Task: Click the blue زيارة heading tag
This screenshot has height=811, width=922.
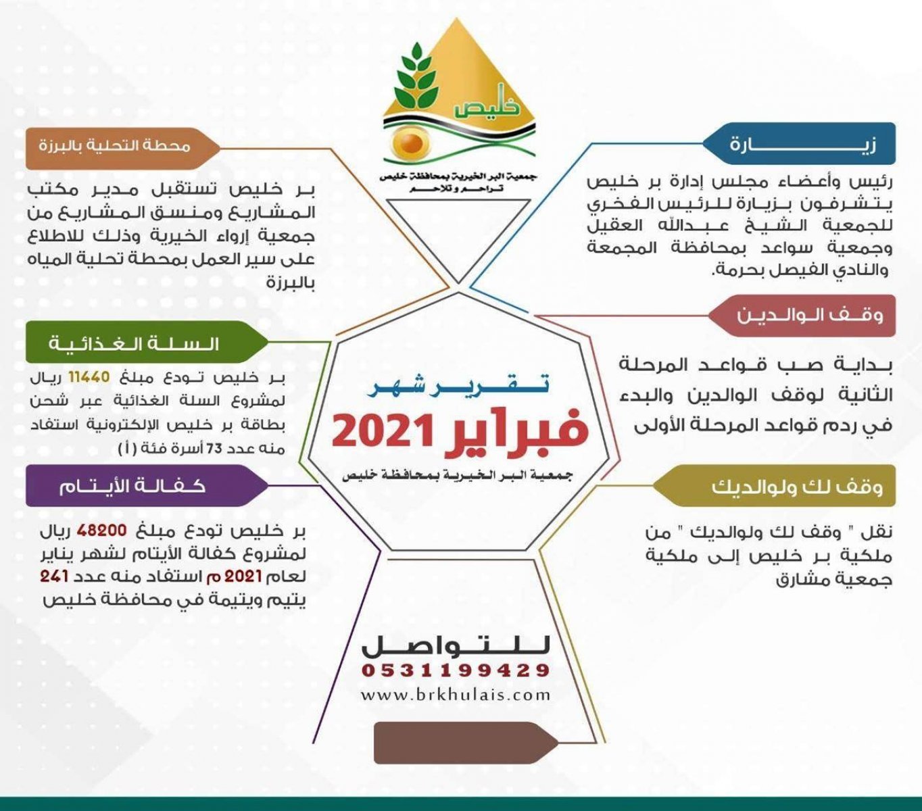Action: (799, 143)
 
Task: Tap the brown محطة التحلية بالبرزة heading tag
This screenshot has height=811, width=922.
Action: (123, 149)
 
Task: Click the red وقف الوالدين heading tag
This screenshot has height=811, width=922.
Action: (802, 316)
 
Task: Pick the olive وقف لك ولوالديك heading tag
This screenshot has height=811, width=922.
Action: (774, 486)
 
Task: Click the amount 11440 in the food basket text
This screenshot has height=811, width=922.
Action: (90, 377)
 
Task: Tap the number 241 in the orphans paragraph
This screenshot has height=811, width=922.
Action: (54, 576)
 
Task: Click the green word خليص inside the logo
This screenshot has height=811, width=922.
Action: (487, 105)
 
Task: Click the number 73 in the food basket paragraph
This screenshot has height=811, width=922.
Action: (214, 448)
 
